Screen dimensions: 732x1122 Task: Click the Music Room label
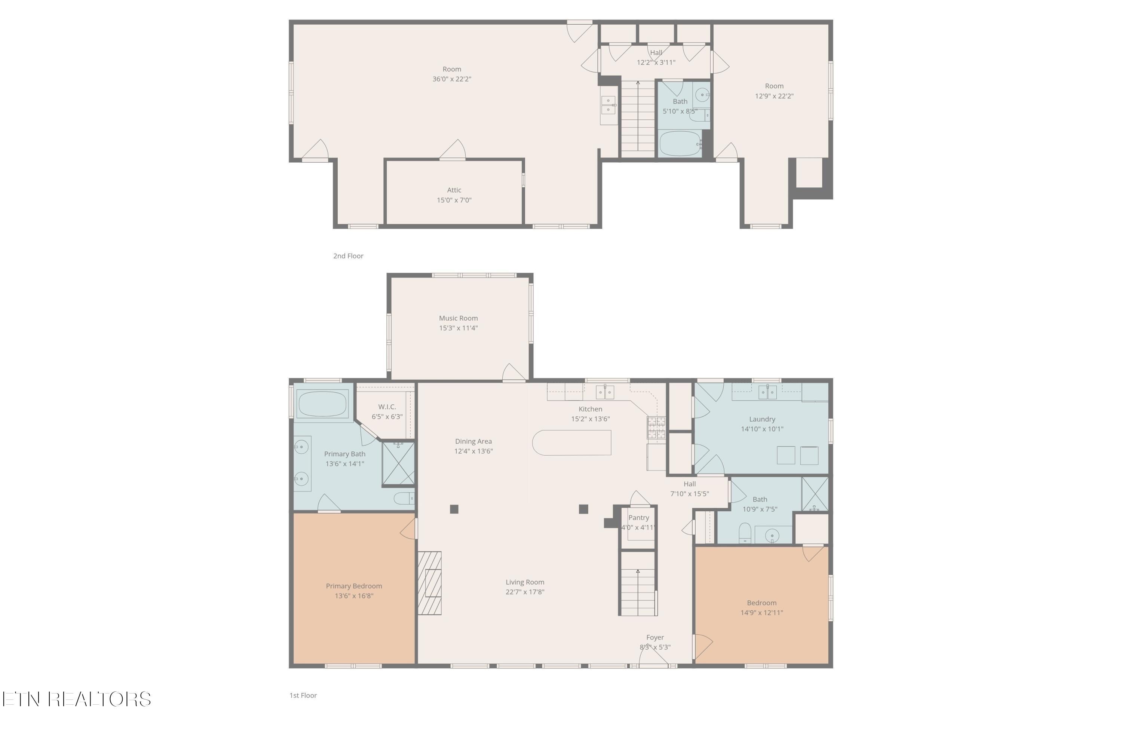[x=458, y=318]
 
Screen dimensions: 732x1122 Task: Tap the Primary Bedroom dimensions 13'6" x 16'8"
[x=354, y=596]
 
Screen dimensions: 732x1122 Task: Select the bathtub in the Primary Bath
[x=322, y=404]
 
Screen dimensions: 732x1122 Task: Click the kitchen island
[x=572, y=442]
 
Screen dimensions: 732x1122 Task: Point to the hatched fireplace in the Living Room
[x=429, y=583]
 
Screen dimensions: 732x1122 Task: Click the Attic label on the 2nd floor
[x=454, y=190]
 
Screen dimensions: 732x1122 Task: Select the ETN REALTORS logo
[x=77, y=699]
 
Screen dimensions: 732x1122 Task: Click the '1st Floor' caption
[x=303, y=695]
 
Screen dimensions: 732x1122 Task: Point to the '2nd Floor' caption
[x=349, y=256]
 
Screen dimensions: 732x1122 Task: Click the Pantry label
[x=638, y=518]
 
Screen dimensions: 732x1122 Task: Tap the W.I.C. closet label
[x=387, y=407]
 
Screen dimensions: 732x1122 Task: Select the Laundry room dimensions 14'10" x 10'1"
[x=762, y=429]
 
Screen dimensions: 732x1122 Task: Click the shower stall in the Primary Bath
[x=398, y=463]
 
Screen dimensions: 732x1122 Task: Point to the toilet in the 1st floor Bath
[x=744, y=533]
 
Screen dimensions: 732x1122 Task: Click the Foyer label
[x=655, y=637]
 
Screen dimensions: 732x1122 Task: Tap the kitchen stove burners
[x=656, y=428]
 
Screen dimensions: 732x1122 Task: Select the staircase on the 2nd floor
[x=638, y=118]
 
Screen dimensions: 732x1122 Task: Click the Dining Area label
[x=473, y=441]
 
